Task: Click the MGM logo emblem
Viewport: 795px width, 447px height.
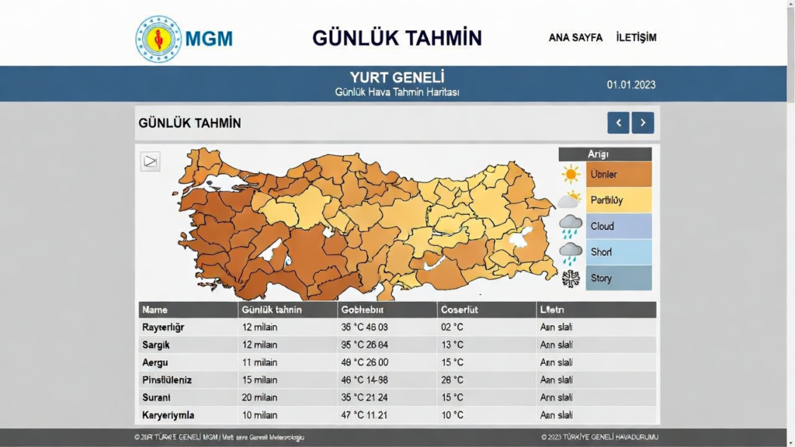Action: (x=158, y=38)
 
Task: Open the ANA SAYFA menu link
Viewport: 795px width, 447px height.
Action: (x=575, y=37)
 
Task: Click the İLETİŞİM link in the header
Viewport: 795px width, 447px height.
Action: (x=636, y=37)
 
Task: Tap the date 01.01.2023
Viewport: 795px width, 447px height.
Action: (x=631, y=85)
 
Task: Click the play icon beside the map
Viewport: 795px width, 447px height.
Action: (x=150, y=161)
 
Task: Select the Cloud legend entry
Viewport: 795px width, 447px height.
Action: (x=619, y=226)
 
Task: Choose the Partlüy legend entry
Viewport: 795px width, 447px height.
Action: (x=619, y=200)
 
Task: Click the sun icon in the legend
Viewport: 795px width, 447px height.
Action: (x=571, y=174)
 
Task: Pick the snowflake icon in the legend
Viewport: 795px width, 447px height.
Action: (x=571, y=279)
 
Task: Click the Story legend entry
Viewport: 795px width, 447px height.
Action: (x=619, y=278)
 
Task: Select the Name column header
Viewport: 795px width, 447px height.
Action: (x=155, y=310)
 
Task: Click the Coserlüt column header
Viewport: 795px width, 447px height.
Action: (x=460, y=310)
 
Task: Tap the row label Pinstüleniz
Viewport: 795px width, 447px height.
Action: (x=166, y=380)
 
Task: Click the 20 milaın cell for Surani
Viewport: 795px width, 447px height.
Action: (x=259, y=397)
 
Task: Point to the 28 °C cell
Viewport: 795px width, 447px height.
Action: (x=452, y=380)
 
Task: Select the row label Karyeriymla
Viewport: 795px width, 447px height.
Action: (x=168, y=415)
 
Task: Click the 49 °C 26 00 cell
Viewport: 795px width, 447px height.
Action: (x=364, y=362)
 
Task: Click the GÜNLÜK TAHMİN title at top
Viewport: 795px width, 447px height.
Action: (x=397, y=37)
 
